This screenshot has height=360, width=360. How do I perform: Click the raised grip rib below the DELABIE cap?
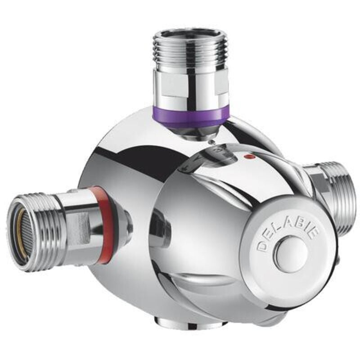click(x=216, y=288)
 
